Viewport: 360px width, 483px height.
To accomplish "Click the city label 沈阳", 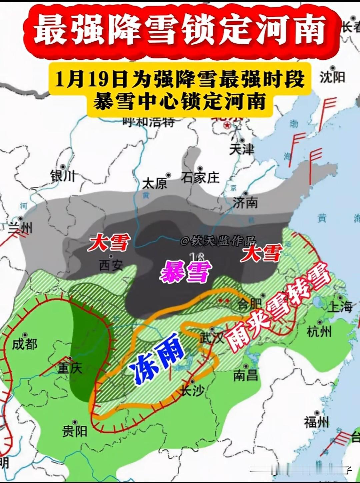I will pyautogui.click(x=332, y=77).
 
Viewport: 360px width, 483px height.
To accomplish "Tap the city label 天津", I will pyautogui.click(x=242, y=149).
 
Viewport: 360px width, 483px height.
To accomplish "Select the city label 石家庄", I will pyautogui.click(x=200, y=178).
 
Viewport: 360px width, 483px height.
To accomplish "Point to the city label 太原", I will pyautogui.click(x=154, y=183).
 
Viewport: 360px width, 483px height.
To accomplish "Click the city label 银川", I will pyautogui.click(x=63, y=176).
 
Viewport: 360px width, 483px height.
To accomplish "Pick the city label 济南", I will pyautogui.click(x=245, y=202).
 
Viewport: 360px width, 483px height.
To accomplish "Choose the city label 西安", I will pyautogui.click(x=111, y=265).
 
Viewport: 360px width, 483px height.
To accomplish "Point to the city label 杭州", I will pyautogui.click(x=319, y=331).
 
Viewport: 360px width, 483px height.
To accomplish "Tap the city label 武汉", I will pyautogui.click(x=212, y=338).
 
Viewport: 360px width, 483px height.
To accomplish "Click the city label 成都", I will pyautogui.click(x=25, y=344).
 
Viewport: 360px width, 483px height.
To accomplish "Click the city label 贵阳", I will pyautogui.click(x=75, y=431).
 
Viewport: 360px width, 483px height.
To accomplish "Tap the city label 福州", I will pyautogui.click(x=316, y=422).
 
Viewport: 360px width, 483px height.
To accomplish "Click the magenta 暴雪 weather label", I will pyautogui.click(x=186, y=272).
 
